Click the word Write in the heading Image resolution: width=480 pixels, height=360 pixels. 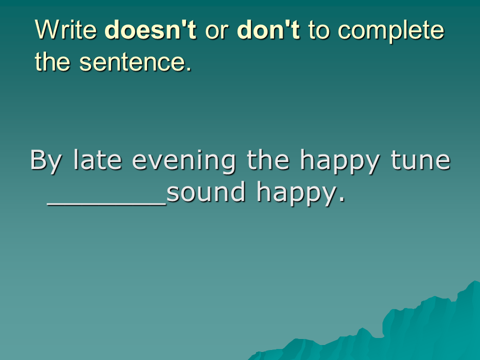(66, 29)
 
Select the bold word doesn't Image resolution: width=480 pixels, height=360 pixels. (150, 29)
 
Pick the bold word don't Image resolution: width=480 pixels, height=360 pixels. (268, 29)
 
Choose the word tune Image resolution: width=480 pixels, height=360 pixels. (420, 160)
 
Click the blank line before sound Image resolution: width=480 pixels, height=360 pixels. (107, 204)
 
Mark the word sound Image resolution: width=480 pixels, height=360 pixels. (206, 191)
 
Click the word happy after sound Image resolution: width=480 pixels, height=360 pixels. (296, 193)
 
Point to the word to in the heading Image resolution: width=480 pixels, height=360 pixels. (318, 31)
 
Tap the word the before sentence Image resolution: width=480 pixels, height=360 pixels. (52, 61)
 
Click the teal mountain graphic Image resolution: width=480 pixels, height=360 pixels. (398, 330)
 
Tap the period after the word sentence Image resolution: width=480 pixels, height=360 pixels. (189, 69)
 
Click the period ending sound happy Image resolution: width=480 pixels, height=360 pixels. (342, 199)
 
